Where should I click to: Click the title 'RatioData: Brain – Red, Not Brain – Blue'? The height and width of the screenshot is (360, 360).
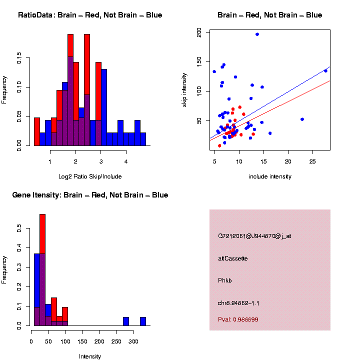pyautogui.click(x=90, y=15)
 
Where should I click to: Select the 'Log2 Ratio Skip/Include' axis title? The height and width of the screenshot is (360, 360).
pyautogui.click(x=90, y=176)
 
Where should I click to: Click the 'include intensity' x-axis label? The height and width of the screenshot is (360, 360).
pyautogui.click(x=270, y=176)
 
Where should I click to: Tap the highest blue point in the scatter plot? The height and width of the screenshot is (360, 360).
pyautogui.click(x=257, y=34)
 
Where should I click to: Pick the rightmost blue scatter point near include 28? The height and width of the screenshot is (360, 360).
pyautogui.click(x=325, y=71)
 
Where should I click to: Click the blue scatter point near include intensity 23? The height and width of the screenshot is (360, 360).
pyautogui.click(x=302, y=119)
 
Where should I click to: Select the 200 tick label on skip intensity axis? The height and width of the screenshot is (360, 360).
pyautogui.click(x=199, y=32)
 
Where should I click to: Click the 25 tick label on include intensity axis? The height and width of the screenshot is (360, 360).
pyautogui.click(x=312, y=162)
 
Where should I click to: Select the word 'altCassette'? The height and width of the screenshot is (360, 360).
pyautogui.click(x=233, y=258)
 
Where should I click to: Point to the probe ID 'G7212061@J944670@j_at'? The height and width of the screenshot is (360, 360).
pyautogui.click(x=254, y=236)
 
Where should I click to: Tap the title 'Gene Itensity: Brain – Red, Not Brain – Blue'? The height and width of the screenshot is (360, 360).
pyautogui.click(x=90, y=195)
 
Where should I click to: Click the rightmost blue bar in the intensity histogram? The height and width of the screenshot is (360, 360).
pyautogui.click(x=143, y=321)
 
